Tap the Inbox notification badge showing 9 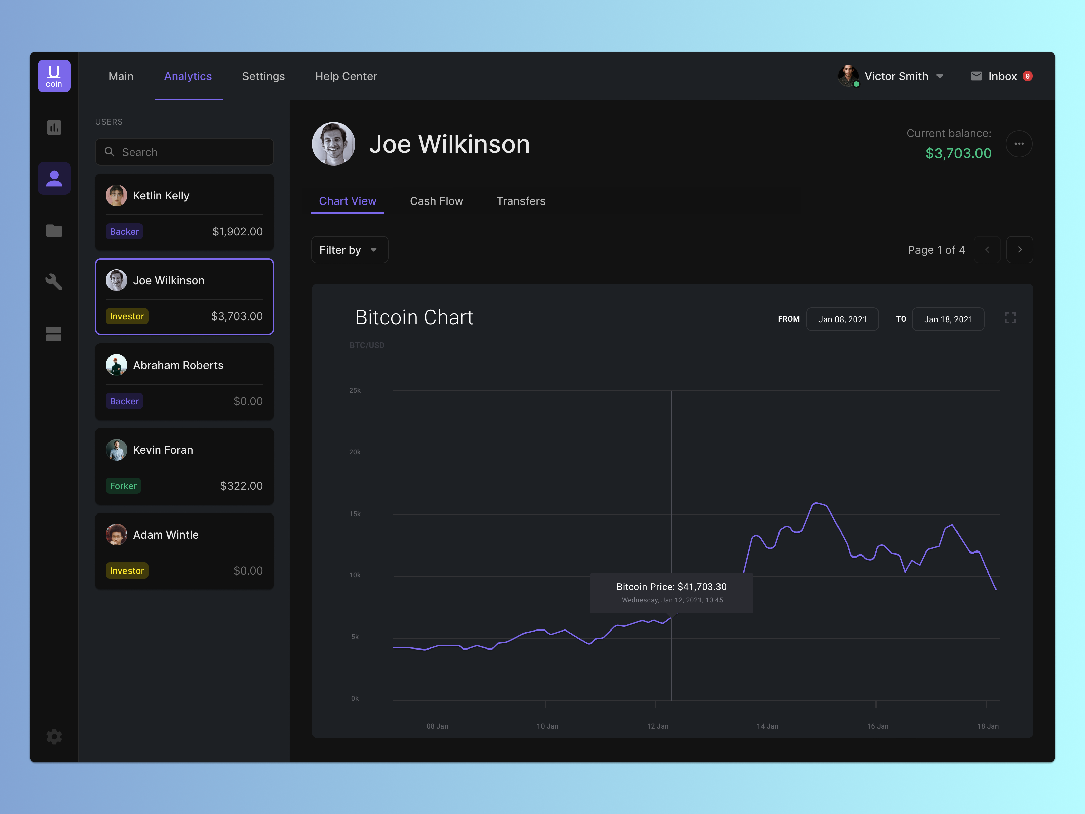1027,76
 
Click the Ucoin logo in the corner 54,76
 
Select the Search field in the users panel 184,152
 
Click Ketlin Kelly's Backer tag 124,232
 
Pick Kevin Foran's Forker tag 123,486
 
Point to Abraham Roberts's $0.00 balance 248,401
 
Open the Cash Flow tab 436,201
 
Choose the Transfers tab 521,201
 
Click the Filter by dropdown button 349,250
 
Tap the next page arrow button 1019,250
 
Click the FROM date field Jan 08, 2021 842,319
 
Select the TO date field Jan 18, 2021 948,319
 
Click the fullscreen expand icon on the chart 1010,318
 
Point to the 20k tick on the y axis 355,452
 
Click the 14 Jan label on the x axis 767,726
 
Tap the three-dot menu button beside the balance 1019,144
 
